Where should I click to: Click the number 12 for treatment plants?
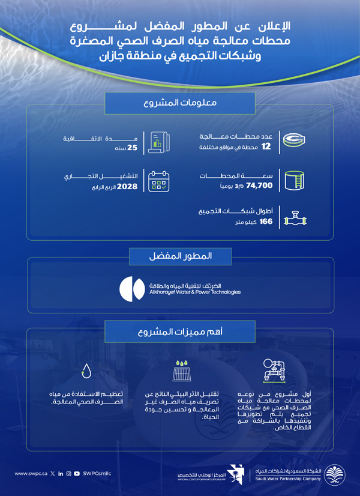click(267, 146)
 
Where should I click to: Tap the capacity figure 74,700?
click(260, 186)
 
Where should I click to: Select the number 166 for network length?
click(266, 222)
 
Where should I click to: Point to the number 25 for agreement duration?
click(133, 146)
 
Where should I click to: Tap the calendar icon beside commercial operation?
click(159, 180)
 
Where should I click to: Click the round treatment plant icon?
click(294, 141)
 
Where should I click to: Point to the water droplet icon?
click(88, 370)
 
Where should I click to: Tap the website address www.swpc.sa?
click(30, 474)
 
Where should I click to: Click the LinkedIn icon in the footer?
click(61, 474)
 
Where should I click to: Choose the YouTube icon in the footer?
click(77, 474)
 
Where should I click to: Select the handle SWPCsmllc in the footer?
click(98, 474)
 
